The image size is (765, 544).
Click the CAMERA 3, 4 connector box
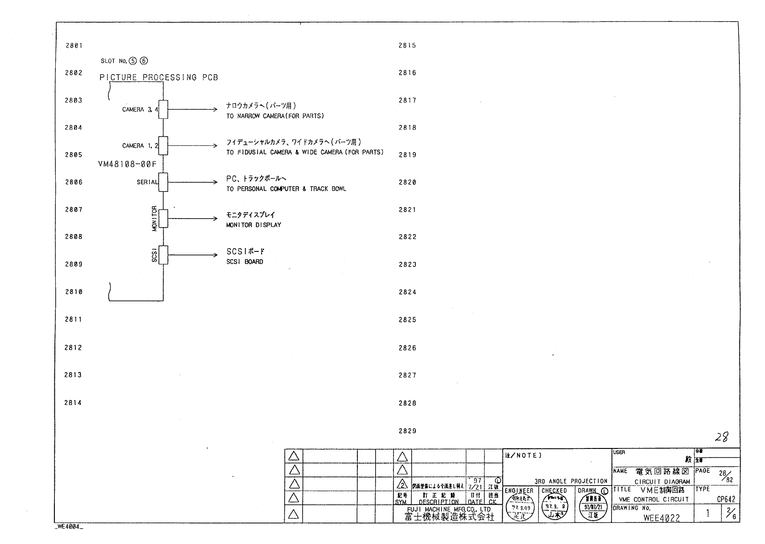(163, 109)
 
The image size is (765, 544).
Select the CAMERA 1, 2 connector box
(163, 145)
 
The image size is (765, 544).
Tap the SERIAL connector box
(163, 182)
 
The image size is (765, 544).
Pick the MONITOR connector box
(163, 219)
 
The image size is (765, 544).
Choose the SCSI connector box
(163, 255)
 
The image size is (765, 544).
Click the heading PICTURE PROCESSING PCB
(159, 77)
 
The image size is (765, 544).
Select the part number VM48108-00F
(127, 164)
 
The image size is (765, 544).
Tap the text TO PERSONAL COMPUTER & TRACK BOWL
(286, 189)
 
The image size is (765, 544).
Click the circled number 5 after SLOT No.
(133, 61)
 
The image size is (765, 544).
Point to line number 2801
(74, 46)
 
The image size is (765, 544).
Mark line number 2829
(407, 431)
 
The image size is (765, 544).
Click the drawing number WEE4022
(661, 518)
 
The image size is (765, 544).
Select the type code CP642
(726, 500)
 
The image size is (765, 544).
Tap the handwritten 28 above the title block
(722, 437)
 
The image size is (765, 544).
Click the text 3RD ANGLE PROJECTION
(571, 481)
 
